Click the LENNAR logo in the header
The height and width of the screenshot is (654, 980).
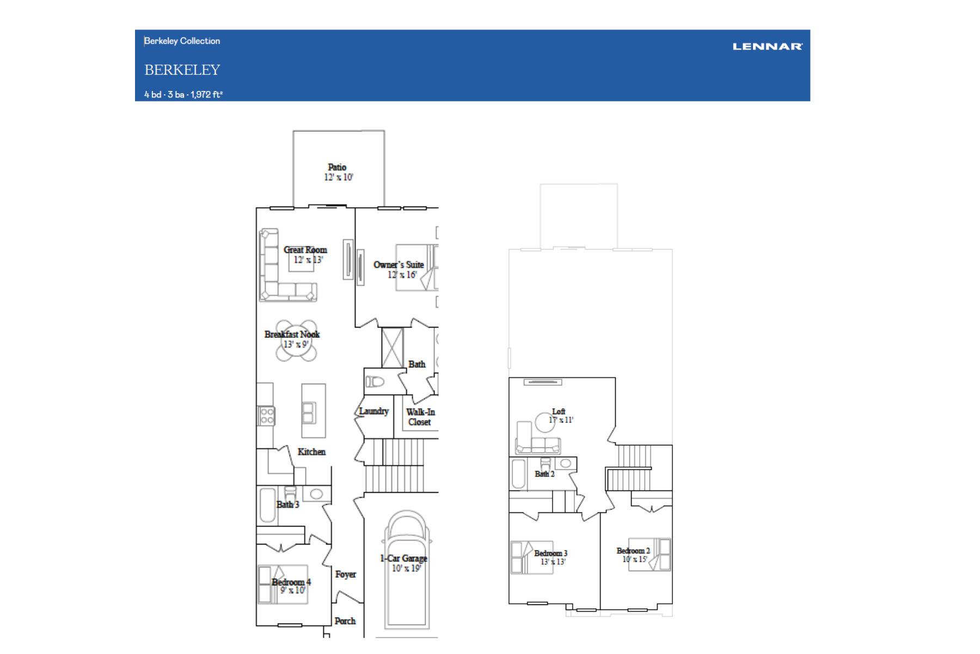[x=767, y=46]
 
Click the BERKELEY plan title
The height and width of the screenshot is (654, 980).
[x=182, y=70]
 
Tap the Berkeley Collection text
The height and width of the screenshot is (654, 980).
[x=182, y=41]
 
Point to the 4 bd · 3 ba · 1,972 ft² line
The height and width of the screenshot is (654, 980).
[x=183, y=94]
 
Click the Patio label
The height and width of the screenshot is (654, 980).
[x=337, y=167]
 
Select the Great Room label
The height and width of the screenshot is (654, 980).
[x=305, y=250]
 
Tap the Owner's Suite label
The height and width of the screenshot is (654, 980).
[x=399, y=265]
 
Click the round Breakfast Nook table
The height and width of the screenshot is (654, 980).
[x=296, y=341]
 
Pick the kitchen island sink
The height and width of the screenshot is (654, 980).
[x=309, y=413]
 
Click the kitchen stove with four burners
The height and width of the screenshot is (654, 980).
[x=266, y=416]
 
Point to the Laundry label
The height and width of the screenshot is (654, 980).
[x=374, y=411]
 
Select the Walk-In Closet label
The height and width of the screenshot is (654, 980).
[x=420, y=417]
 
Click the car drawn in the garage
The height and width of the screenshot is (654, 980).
[x=406, y=569]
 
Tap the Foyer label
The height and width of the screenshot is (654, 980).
[x=346, y=574]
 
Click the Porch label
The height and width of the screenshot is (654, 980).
[x=345, y=621]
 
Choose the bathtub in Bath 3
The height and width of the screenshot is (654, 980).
[x=267, y=505]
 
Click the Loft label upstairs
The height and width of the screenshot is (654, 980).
[x=559, y=411]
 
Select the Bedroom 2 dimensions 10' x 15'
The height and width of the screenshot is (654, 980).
[x=635, y=559]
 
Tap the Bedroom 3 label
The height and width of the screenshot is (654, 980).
[x=550, y=553]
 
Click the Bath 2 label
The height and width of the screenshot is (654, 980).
[x=544, y=474]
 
